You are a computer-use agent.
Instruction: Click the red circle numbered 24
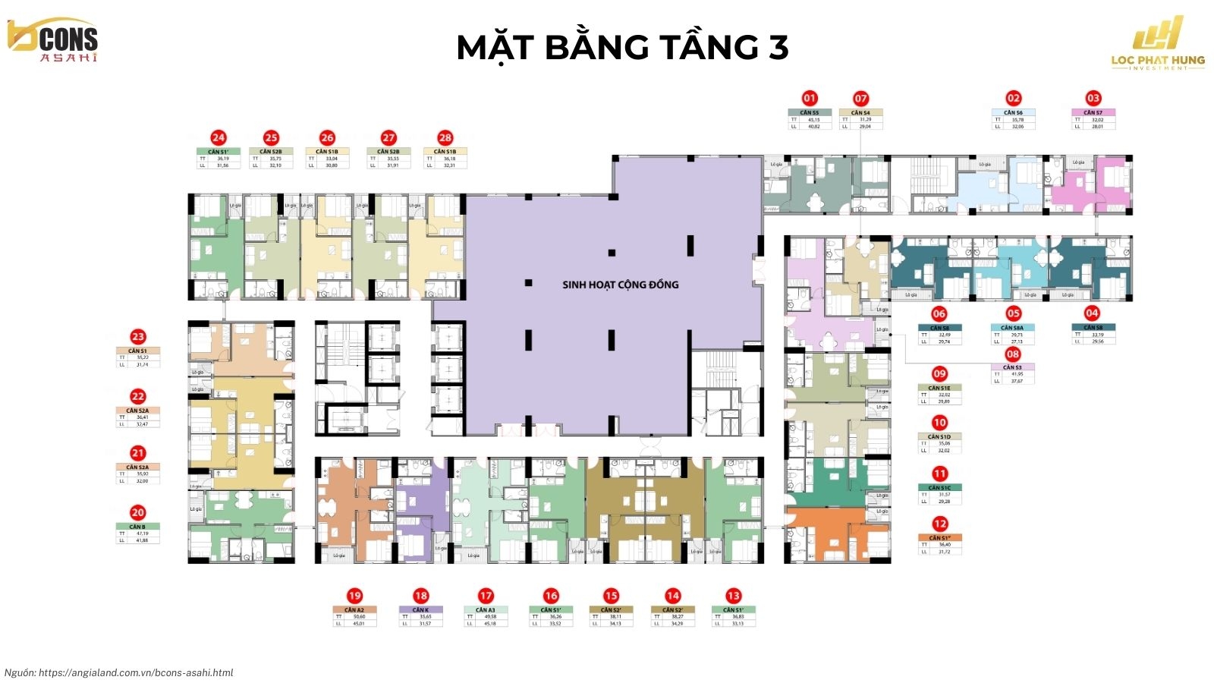coord(219,137)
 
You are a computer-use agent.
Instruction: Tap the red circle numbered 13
coord(733,596)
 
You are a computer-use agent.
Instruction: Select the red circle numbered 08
coord(1013,354)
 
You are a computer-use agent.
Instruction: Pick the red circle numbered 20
coord(137,513)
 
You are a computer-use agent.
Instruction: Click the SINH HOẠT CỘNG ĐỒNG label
coord(620,285)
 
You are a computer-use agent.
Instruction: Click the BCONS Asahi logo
coord(53,39)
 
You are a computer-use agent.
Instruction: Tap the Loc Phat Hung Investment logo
coord(1157,44)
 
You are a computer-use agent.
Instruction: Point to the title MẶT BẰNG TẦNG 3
coord(622,47)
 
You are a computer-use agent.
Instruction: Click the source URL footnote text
coord(119,672)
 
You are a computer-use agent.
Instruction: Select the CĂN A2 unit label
coord(354,610)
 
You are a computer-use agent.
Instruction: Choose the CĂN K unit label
coord(420,610)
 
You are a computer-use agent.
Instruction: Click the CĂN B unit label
coord(137,527)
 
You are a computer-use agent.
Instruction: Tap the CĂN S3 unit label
coord(1013,367)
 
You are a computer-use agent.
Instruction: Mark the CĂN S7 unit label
coord(1093,112)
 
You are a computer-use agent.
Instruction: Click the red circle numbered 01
coord(810,98)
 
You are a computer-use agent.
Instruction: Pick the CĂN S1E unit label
coord(939,388)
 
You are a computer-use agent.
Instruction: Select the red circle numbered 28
coord(445,137)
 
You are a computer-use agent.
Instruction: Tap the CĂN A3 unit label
coord(486,610)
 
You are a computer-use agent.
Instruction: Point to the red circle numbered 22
coord(137,396)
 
